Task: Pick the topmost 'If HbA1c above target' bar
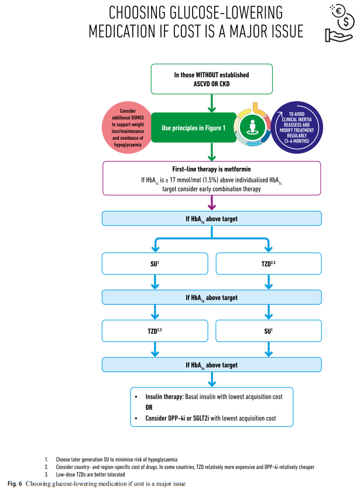point(211,219)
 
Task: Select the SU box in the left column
point(155,264)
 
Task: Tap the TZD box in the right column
point(269,264)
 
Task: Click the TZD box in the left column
point(155,330)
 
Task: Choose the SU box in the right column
point(269,330)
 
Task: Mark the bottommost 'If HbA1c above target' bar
point(211,365)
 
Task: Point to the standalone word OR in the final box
point(150,407)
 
